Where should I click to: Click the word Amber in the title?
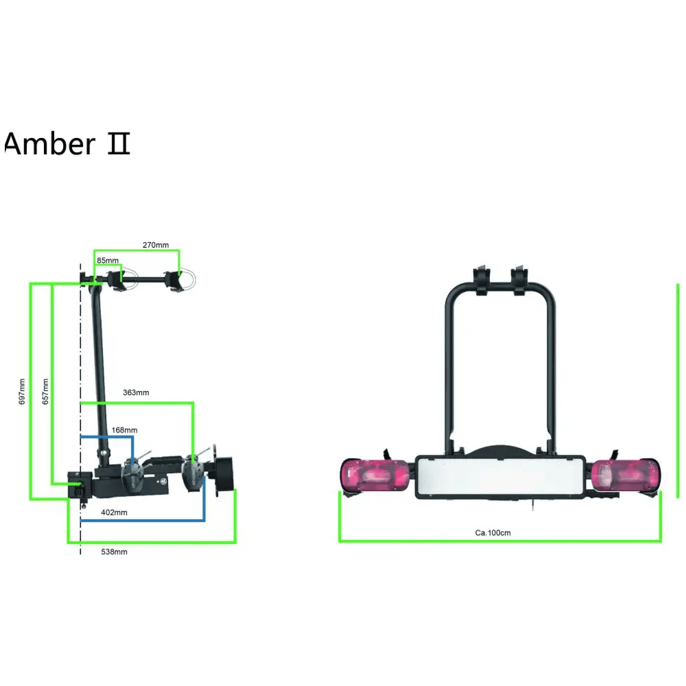[49, 143]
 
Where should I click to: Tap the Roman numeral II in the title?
[119, 143]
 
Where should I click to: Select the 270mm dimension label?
[156, 245]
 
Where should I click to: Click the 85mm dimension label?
[108, 260]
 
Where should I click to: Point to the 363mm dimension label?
[136, 392]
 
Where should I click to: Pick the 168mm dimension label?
[124, 430]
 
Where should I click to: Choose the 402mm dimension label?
[114, 512]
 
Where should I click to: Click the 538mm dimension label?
[114, 552]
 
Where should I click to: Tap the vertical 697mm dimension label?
[22, 392]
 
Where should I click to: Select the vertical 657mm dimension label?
[45, 392]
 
